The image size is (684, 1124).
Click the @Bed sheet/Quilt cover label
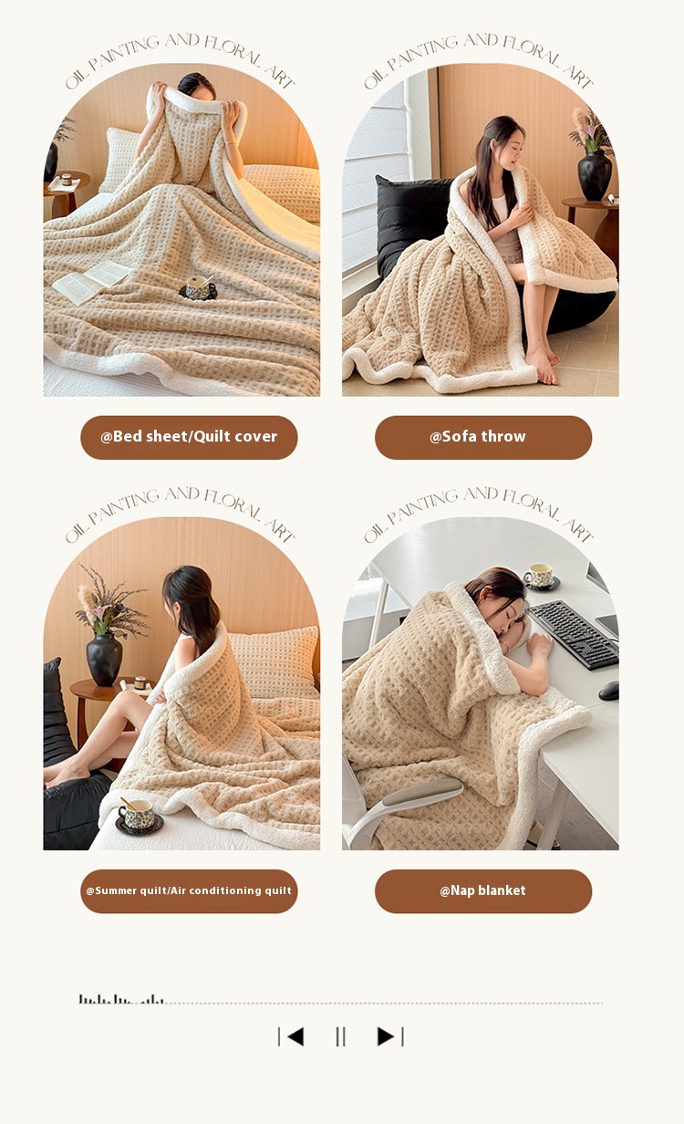point(189,436)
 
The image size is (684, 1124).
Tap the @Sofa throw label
point(483,436)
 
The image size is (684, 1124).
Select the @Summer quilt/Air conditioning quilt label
point(189,890)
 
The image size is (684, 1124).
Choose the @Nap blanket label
point(483,890)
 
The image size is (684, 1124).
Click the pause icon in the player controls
point(340,1036)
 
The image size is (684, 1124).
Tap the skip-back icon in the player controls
point(291,1036)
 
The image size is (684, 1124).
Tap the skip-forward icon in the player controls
point(390,1036)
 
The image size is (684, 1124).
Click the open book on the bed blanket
point(91,282)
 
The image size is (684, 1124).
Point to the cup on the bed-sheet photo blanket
point(199,288)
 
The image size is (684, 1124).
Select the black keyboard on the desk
point(575,634)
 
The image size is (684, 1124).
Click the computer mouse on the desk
point(609,691)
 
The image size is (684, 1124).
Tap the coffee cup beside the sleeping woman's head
point(541,577)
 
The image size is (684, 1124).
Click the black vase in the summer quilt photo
point(104,659)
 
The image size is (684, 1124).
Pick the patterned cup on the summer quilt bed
point(140,815)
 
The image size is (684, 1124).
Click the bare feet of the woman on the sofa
point(542,364)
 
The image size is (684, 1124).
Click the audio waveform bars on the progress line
point(121,1000)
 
